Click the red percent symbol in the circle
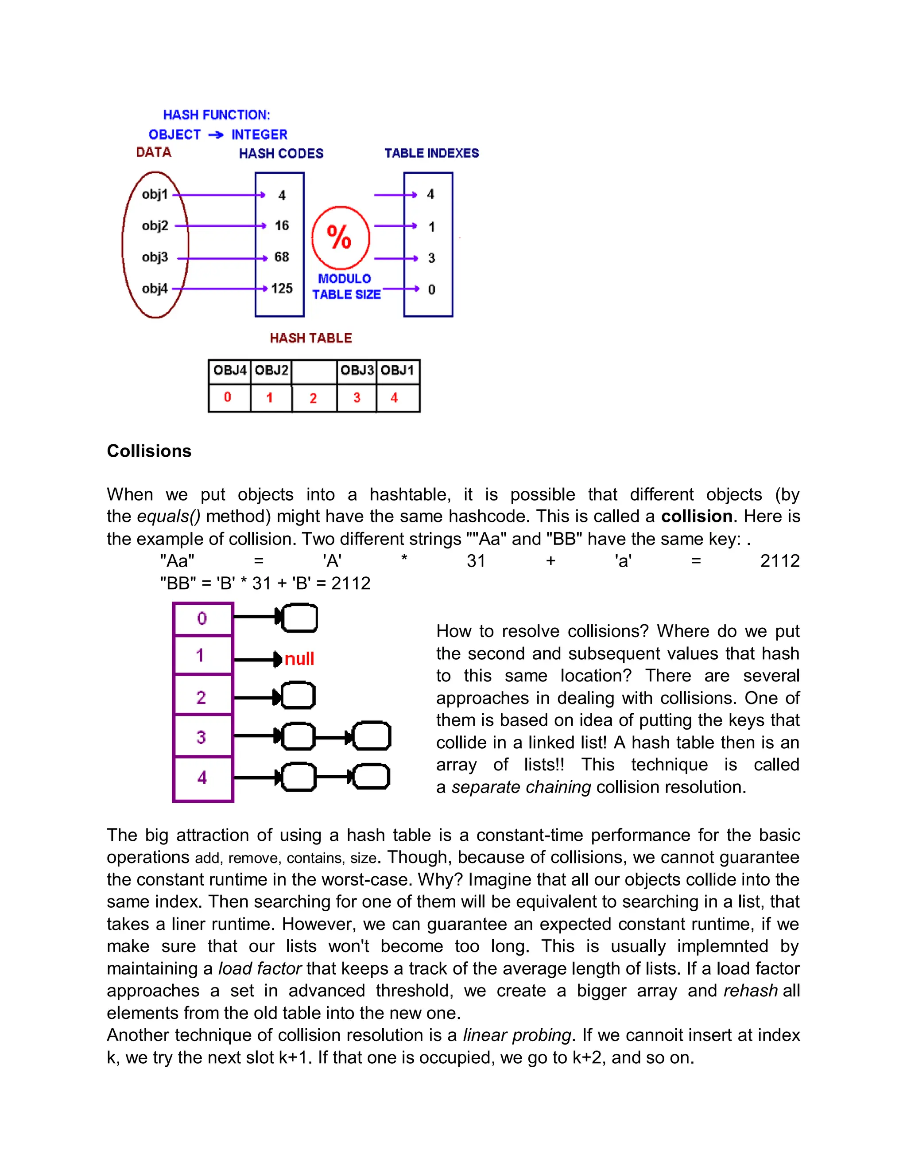(340, 237)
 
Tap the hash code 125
(282, 289)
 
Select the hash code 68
(282, 257)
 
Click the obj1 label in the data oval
(155, 194)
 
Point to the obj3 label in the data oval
(155, 257)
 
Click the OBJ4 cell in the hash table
(229, 370)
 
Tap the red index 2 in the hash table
(313, 398)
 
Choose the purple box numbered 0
(202, 619)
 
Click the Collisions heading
(149, 451)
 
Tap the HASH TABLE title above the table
(310, 338)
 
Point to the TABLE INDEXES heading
(431, 153)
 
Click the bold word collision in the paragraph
(696, 517)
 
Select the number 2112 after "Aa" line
(779, 561)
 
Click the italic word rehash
(751, 990)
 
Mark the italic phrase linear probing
(517, 1035)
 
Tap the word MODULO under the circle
(345, 279)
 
